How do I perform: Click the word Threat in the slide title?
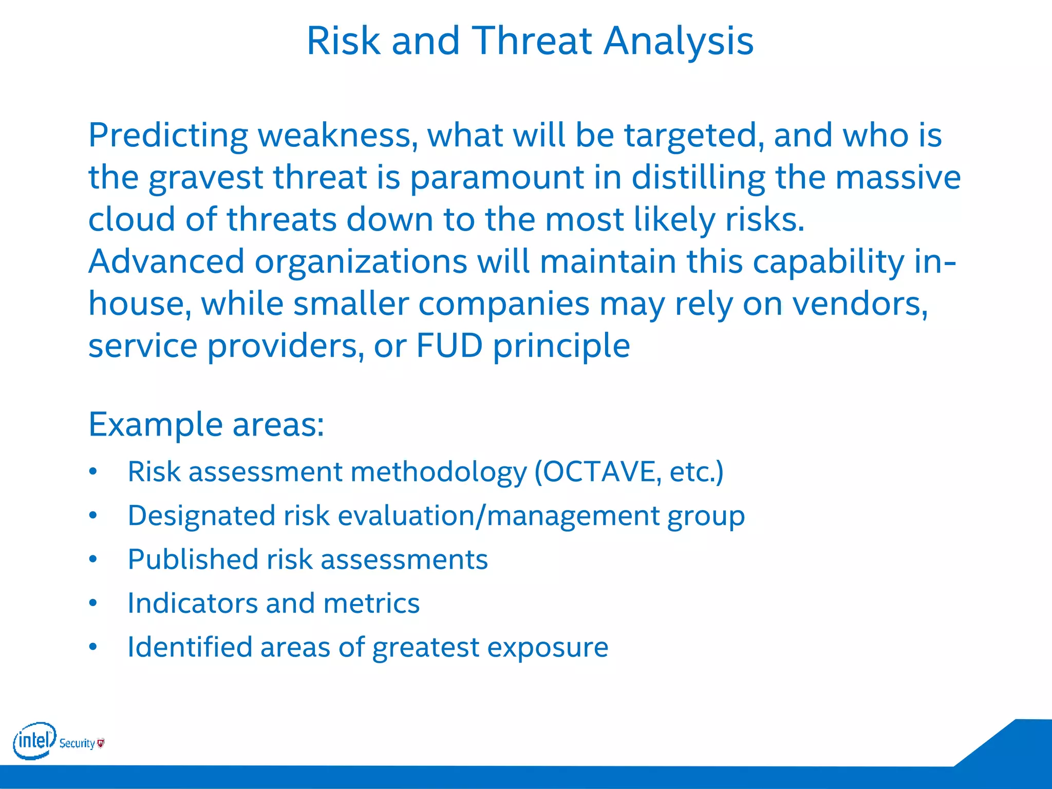(x=531, y=41)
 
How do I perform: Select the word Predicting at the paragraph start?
(x=168, y=136)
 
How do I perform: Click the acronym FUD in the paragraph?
(x=449, y=346)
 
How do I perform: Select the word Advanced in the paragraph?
(x=166, y=261)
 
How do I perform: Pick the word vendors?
(x=860, y=304)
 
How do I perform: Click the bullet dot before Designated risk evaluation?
(x=93, y=515)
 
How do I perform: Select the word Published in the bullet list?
(x=192, y=560)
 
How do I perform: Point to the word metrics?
(x=371, y=603)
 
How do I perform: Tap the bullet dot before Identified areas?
(x=93, y=647)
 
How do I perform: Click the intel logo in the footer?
(x=34, y=740)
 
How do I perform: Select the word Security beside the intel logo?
(x=77, y=743)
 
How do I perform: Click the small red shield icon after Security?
(x=101, y=743)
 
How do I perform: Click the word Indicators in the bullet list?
(x=192, y=603)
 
